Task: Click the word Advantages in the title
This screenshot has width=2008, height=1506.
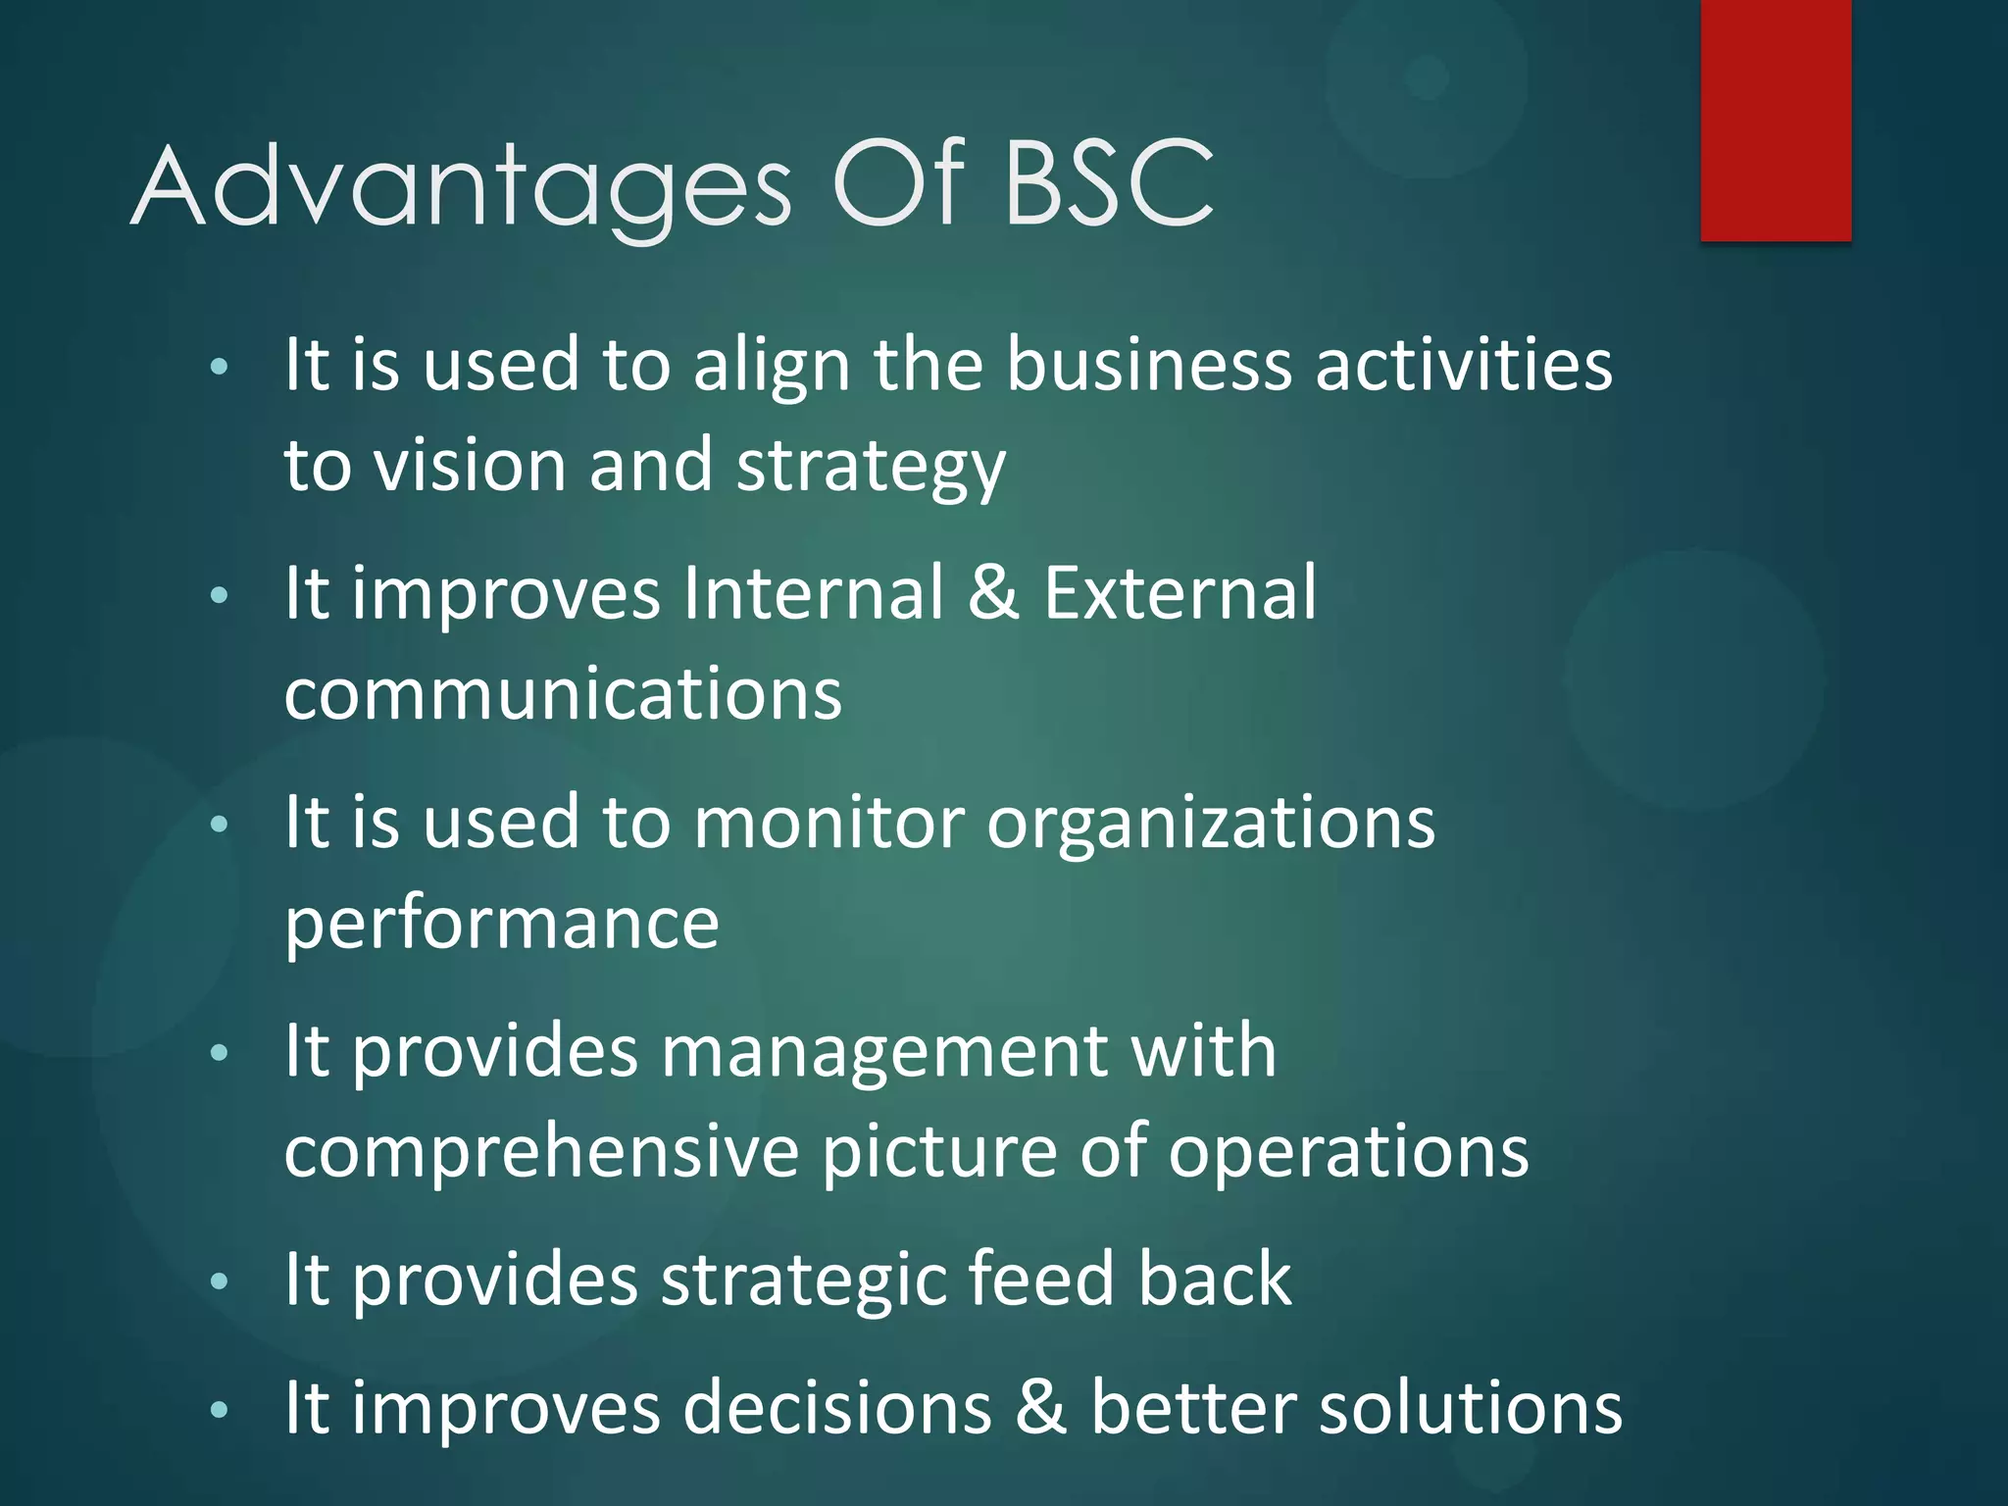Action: pyautogui.click(x=461, y=186)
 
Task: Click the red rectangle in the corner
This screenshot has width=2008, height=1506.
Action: pyautogui.click(x=1776, y=120)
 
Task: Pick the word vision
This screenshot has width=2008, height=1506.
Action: pyautogui.click(x=471, y=465)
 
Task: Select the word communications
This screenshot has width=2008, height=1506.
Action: pyautogui.click(x=563, y=694)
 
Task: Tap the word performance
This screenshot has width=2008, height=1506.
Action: pyautogui.click(x=501, y=926)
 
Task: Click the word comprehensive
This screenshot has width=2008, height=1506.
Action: pyautogui.click(x=541, y=1153)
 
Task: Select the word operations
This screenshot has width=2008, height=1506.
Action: pyautogui.click(x=1348, y=1153)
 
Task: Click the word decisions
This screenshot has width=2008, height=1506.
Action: pyautogui.click(x=837, y=1408)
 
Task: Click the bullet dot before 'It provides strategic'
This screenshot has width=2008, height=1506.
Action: pyautogui.click(x=220, y=1281)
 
